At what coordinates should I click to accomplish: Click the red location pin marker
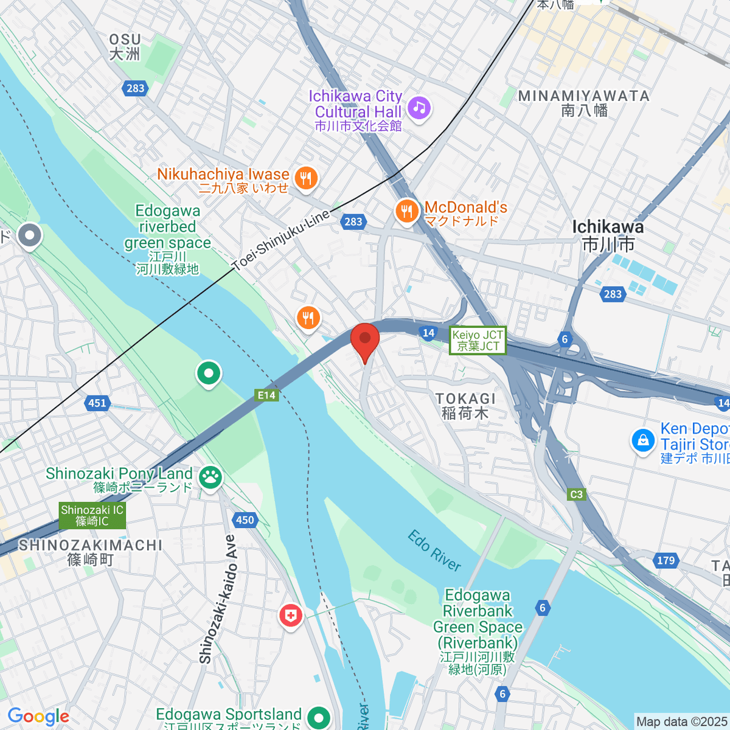pyautogui.click(x=365, y=339)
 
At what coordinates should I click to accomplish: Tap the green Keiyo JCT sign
pyautogui.click(x=478, y=341)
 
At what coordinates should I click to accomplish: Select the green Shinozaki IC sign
pyautogui.click(x=92, y=516)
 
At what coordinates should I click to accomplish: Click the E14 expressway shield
pyautogui.click(x=266, y=395)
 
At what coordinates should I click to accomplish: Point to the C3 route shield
pyautogui.click(x=576, y=494)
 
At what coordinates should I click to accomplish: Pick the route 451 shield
pyautogui.click(x=97, y=403)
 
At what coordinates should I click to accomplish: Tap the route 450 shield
pyautogui.click(x=245, y=520)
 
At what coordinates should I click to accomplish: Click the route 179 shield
pyautogui.click(x=666, y=560)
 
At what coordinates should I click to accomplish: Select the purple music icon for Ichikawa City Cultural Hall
pyautogui.click(x=419, y=108)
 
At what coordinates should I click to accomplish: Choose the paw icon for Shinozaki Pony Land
pyautogui.click(x=211, y=477)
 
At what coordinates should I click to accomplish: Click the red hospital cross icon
pyautogui.click(x=291, y=616)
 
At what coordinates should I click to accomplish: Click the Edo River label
pyautogui.click(x=434, y=551)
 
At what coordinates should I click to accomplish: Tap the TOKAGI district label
pyautogui.click(x=465, y=406)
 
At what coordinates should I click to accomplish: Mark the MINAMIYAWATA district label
pyautogui.click(x=584, y=103)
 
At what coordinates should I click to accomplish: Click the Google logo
pyautogui.click(x=38, y=716)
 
